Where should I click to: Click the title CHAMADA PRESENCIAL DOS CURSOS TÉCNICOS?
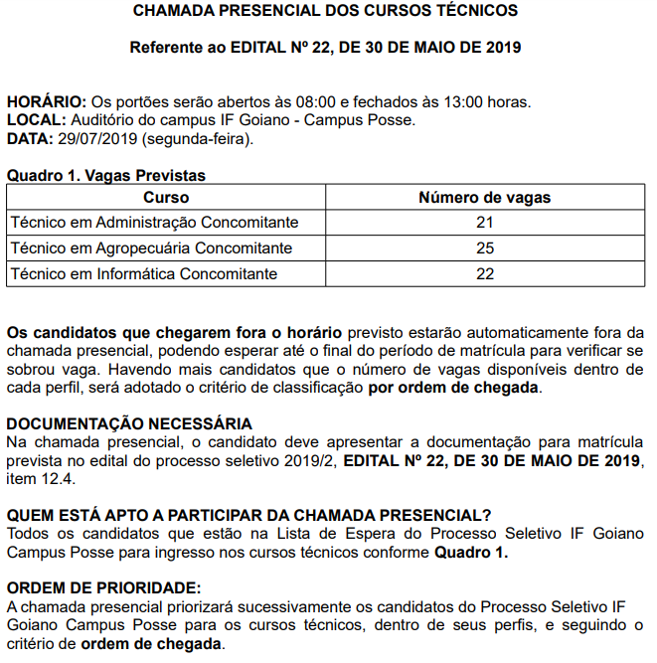click(x=325, y=12)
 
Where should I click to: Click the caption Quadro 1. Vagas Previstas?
click(x=106, y=176)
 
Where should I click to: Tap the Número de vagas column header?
click(x=485, y=198)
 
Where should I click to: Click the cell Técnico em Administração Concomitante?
click(x=154, y=223)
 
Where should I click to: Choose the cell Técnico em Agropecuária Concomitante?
click(x=151, y=248)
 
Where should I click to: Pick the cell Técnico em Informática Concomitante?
click(x=143, y=273)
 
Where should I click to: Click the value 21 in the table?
click(x=485, y=223)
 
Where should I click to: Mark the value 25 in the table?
click(x=485, y=248)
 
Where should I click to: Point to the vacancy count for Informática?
click(x=485, y=273)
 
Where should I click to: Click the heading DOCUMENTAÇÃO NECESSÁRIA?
click(x=129, y=424)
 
